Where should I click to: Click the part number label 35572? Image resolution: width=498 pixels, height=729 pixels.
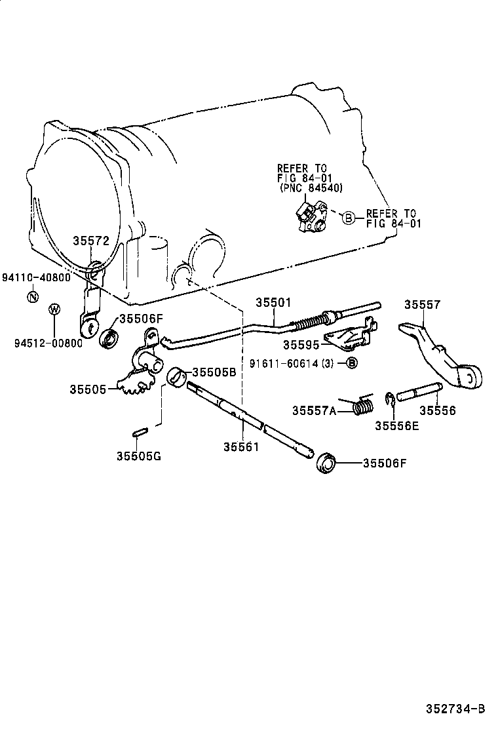(x=90, y=241)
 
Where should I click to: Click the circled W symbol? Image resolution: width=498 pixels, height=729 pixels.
(x=54, y=309)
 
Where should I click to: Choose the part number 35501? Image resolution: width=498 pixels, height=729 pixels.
(x=273, y=302)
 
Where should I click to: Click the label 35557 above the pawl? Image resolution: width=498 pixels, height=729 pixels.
(x=422, y=305)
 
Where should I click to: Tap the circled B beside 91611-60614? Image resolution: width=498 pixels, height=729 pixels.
(x=352, y=363)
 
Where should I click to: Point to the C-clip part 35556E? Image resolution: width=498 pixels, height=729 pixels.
(x=390, y=401)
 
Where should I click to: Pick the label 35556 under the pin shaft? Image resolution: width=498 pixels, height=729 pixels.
(x=437, y=411)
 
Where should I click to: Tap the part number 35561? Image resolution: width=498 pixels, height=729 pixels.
(x=241, y=447)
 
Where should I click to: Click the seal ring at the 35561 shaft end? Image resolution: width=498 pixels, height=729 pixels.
(x=326, y=462)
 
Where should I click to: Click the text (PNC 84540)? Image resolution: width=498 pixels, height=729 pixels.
(x=310, y=187)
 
